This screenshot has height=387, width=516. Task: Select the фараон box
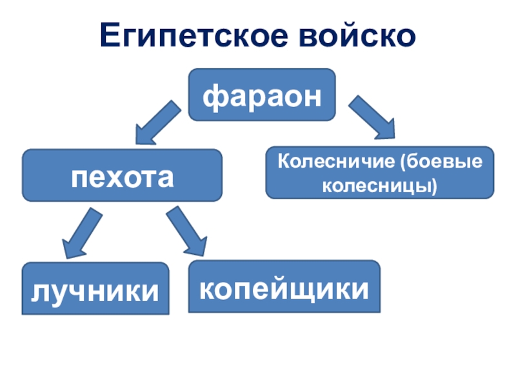[262, 95]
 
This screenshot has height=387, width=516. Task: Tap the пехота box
[123, 175]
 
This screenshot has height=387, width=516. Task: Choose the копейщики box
[284, 286]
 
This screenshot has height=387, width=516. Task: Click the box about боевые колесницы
[380, 172]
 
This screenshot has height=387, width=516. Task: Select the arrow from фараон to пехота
[157, 123]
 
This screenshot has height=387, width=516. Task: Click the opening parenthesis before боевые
[406, 161]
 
